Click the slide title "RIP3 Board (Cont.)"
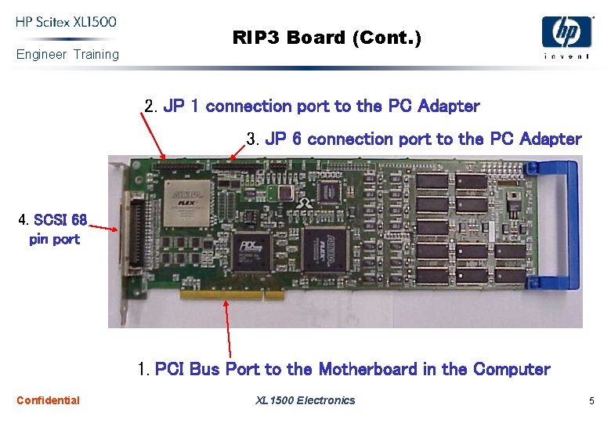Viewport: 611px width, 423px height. pyautogui.click(x=326, y=38)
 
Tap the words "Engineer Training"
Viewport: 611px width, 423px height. pyautogui.click(x=68, y=55)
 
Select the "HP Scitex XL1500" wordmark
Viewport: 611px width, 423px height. pyautogui.click(x=67, y=22)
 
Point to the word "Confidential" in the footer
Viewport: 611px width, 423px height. pyautogui.click(x=48, y=400)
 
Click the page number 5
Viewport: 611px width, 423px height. pyautogui.click(x=592, y=401)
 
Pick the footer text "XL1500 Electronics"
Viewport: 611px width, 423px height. pyautogui.click(x=305, y=400)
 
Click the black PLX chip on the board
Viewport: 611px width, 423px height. pyautogui.click(x=251, y=251)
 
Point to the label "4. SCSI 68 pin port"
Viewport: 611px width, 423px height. pyautogui.click(x=53, y=229)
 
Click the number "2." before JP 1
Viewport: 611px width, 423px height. pyautogui.click(x=152, y=106)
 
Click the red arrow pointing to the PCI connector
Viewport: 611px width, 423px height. pyautogui.click(x=229, y=329)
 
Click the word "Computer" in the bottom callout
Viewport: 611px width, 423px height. pyautogui.click(x=512, y=369)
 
